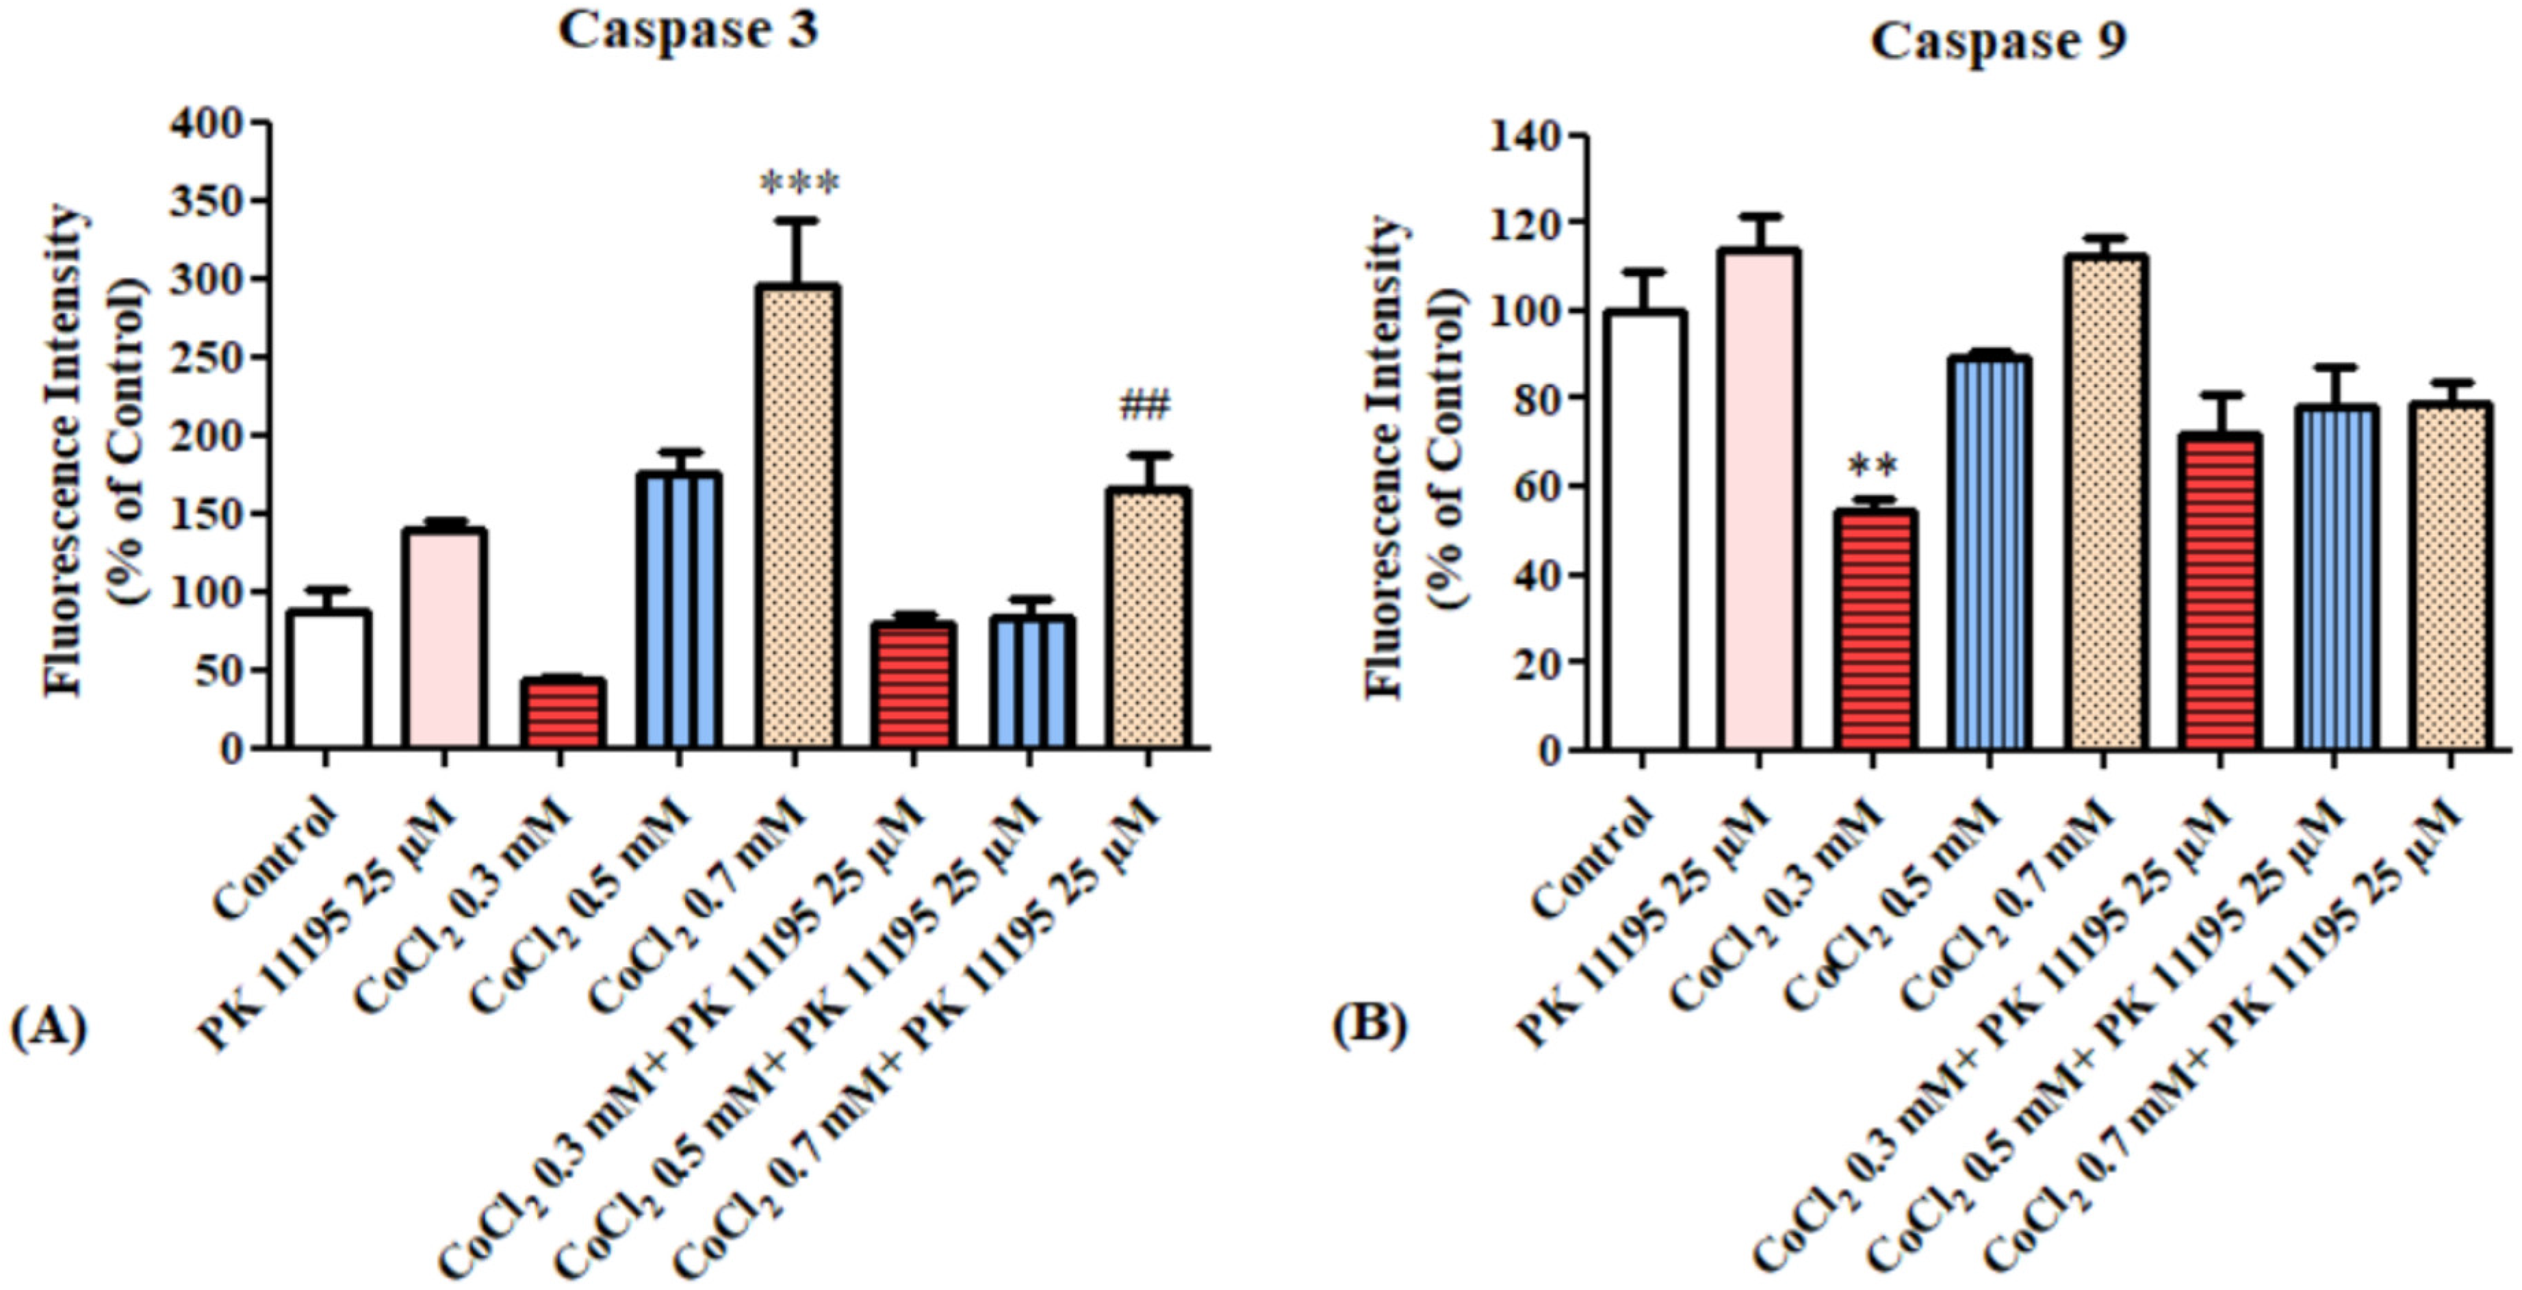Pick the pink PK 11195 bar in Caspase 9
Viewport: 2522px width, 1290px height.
[x=1758, y=500]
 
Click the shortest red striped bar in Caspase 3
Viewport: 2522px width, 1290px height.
[x=562, y=712]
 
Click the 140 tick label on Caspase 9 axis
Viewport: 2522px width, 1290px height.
[x=1524, y=136]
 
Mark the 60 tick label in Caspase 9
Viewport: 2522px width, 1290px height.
[x=1535, y=486]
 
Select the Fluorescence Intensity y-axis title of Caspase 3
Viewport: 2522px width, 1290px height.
[x=64, y=451]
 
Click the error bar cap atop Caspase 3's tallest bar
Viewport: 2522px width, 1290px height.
[x=799, y=221]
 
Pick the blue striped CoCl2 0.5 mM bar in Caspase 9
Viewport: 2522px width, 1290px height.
[x=1988, y=553]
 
